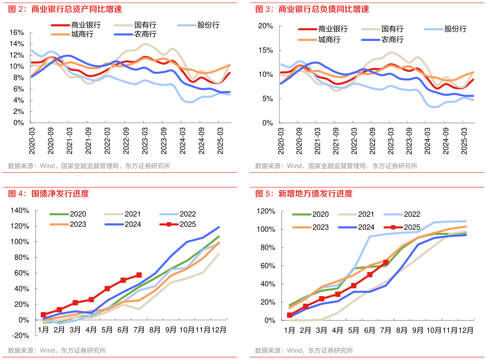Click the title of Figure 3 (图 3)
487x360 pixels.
pos(312,9)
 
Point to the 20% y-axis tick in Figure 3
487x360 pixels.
pos(266,25)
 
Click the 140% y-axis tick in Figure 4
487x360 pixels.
pos(19,210)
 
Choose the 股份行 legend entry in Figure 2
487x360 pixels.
pos(208,25)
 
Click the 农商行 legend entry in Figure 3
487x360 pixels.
pos(392,40)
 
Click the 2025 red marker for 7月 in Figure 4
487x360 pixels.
pos(139,275)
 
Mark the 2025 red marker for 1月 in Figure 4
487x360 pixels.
pos(43,315)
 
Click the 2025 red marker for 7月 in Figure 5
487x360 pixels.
pos(386,263)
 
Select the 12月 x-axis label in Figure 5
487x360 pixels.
pos(466,330)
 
